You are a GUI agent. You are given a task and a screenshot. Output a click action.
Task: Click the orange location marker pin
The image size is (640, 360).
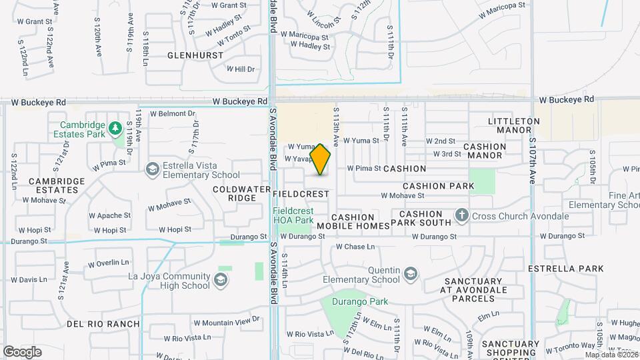[x=321, y=159]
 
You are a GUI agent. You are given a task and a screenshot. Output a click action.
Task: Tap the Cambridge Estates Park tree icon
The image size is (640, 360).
[x=115, y=127]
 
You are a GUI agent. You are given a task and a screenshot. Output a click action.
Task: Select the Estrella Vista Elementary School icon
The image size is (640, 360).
[x=153, y=169]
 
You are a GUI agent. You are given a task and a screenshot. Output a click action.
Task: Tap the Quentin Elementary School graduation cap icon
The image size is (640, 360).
[x=411, y=273]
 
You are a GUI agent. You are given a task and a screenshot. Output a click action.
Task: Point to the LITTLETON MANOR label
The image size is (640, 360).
[x=513, y=126]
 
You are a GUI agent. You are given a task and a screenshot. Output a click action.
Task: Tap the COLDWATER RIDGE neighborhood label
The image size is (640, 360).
[x=235, y=193]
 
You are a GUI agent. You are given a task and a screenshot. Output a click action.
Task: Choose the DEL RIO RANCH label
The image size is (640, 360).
[x=103, y=324]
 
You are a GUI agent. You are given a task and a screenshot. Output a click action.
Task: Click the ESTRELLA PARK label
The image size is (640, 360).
[x=565, y=269]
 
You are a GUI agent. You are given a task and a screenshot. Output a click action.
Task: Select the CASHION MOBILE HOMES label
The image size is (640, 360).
[x=353, y=221]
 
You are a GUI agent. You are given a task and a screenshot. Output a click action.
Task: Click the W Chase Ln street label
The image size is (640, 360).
[x=356, y=247]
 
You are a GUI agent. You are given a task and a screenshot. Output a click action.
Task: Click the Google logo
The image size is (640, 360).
[x=23, y=351]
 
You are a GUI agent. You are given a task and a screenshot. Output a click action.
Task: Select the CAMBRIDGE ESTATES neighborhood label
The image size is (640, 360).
[x=57, y=185]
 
